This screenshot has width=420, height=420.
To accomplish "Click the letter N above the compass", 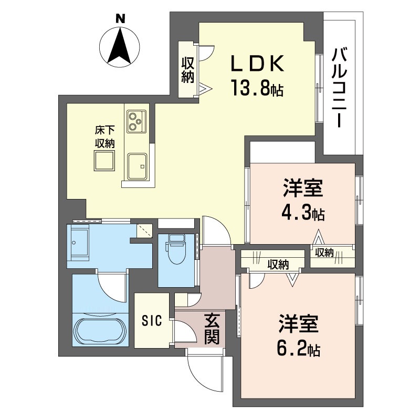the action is point(121,18).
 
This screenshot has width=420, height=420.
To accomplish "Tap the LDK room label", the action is point(257,63).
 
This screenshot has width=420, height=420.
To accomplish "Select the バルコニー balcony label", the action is point(339,87).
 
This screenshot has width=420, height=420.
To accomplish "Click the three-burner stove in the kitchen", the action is point(136,121).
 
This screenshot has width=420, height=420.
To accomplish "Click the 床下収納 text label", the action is point(105,137).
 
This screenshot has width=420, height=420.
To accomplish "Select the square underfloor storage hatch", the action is point(104,161).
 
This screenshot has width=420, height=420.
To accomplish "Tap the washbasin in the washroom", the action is point(80,243).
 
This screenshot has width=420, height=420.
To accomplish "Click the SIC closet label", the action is point(152,320).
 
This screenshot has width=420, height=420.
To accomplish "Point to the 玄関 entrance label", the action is point(212,329).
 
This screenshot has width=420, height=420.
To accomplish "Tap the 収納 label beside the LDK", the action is point(187,70).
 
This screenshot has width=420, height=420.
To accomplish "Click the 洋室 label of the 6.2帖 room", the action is point(299,323).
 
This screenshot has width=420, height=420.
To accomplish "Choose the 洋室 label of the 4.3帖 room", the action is point(303,188).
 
